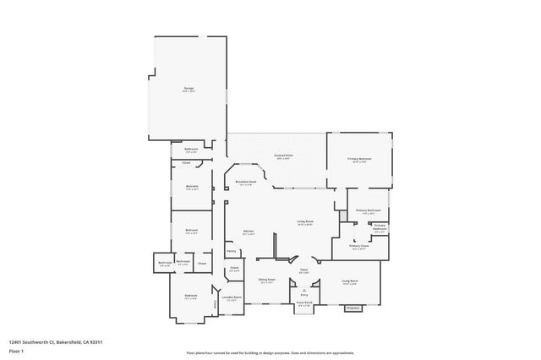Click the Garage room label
point(189,88)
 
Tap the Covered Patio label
point(282,155)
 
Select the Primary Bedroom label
point(360,159)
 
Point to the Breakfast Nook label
point(247,183)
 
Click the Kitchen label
point(249,231)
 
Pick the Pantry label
point(231,251)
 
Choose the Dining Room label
point(266,279)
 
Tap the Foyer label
point(302,270)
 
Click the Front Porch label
point(303,303)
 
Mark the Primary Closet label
point(360,247)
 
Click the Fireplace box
point(354,308)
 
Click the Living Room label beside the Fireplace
point(349,281)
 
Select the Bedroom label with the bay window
point(190,297)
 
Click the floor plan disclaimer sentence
point(270,352)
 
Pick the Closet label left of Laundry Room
point(234,269)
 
